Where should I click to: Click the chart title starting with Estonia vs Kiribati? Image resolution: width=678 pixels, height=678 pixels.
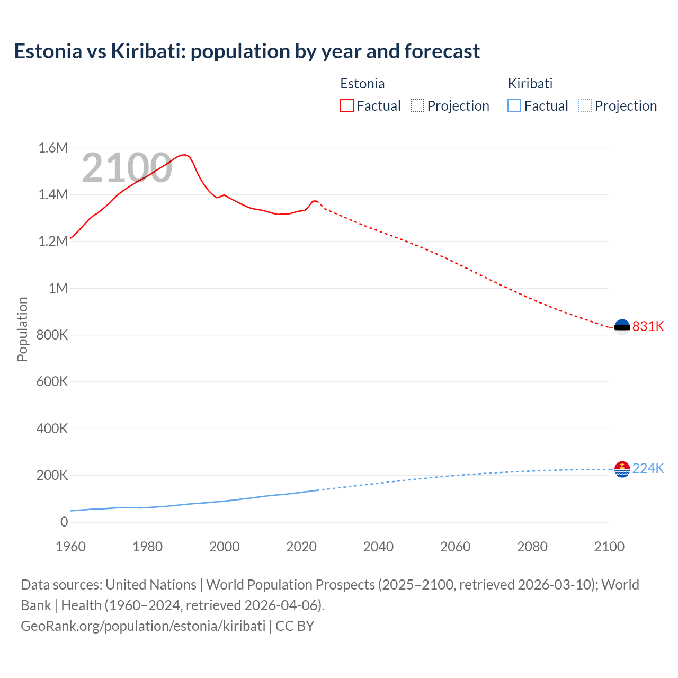tap(247, 51)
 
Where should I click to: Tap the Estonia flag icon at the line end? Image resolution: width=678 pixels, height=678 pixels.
tap(622, 327)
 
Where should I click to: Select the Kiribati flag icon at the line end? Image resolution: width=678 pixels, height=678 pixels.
tap(622, 469)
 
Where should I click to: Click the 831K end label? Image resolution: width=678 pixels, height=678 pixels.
tap(648, 326)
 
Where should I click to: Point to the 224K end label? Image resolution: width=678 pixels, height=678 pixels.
tap(648, 468)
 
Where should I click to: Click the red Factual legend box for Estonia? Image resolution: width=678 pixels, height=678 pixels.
tap(346, 106)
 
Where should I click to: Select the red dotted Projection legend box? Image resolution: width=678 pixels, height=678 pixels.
tap(417, 106)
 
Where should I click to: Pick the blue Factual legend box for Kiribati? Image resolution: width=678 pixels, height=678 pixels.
tap(514, 106)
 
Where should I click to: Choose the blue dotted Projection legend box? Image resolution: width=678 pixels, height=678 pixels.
tap(585, 106)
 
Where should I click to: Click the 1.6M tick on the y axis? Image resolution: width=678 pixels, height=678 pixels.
tap(53, 148)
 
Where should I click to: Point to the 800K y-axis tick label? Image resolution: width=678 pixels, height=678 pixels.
tap(52, 335)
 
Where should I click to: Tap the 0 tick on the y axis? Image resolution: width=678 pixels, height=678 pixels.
tap(64, 522)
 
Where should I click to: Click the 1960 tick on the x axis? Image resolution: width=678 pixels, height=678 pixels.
tap(70, 547)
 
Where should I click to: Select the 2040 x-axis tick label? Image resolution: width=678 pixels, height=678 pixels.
tap(378, 547)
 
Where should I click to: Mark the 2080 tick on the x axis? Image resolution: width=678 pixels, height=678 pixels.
tap(532, 547)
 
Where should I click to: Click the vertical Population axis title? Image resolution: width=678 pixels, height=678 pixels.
tap(22, 329)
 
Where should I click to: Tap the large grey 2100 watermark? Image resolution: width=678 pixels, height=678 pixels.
tap(127, 168)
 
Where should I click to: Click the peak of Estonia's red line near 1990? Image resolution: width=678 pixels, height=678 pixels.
tap(184, 155)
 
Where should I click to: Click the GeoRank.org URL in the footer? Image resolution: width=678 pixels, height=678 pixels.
tap(143, 626)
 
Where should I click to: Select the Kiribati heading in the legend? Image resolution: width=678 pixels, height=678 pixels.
tap(530, 84)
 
